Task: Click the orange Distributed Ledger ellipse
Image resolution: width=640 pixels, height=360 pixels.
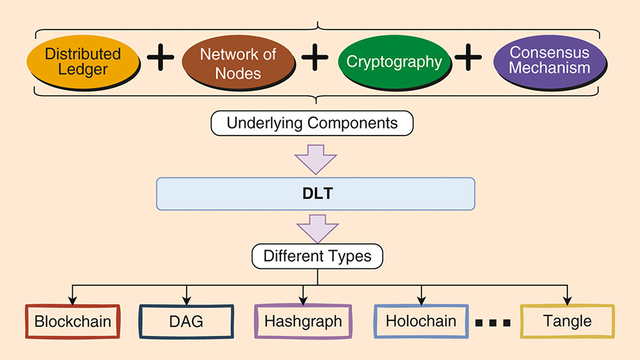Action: pos(83,61)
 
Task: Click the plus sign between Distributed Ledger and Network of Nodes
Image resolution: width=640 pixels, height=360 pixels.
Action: pos(160,59)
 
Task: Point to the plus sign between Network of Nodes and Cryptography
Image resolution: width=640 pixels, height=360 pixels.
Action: pos(315,59)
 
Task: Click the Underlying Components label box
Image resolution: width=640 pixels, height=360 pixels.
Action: pos(312,123)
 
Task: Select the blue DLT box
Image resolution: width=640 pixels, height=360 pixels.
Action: pos(315,193)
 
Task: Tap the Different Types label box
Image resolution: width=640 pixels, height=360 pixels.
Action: pos(317,256)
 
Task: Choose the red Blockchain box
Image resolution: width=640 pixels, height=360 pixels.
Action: pos(73,321)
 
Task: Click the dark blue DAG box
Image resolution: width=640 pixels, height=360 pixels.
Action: pos(186,321)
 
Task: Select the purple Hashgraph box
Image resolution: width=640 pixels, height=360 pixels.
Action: pos(303,322)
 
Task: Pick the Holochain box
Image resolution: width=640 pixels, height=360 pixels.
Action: pos(421,321)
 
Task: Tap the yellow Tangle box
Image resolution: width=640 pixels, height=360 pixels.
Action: pos(567,321)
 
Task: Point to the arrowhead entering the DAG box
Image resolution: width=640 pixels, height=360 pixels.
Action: pos(187,299)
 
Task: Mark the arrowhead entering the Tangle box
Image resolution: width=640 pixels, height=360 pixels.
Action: pos(567,299)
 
